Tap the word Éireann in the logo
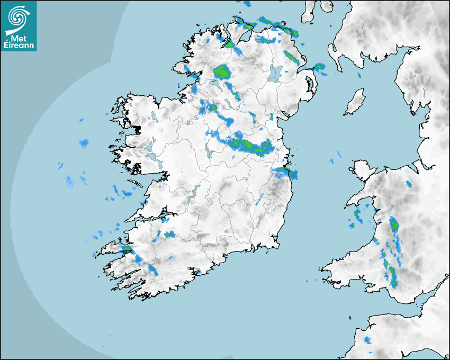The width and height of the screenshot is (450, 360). pyautogui.click(x=19, y=46)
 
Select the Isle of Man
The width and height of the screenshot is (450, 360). pyautogui.click(x=355, y=102)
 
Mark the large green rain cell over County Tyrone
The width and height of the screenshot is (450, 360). pyautogui.click(x=222, y=71)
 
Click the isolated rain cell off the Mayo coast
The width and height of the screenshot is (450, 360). pyautogui.click(x=84, y=143)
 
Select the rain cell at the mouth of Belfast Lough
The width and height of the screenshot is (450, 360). pyautogui.click(x=319, y=67)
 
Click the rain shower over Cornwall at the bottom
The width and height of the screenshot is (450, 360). pyautogui.click(x=367, y=339)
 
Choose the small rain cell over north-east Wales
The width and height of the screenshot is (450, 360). pyautogui.click(x=409, y=184)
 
